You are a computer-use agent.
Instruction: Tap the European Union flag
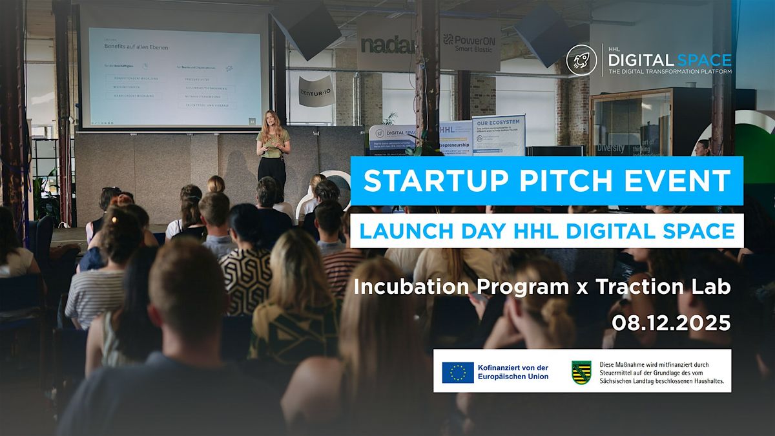(x=458, y=372)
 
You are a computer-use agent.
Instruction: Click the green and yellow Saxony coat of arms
(x=581, y=372)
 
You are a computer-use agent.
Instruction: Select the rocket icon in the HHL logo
(x=581, y=60)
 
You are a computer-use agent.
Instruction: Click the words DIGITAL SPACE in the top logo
(x=669, y=60)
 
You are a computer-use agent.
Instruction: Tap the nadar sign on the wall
(x=386, y=45)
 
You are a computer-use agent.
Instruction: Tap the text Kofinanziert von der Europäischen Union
(x=514, y=372)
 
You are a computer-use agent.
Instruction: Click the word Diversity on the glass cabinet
(x=610, y=148)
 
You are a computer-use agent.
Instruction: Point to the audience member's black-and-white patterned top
(x=246, y=280)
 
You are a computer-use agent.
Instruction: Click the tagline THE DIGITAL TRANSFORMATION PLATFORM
(x=669, y=72)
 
